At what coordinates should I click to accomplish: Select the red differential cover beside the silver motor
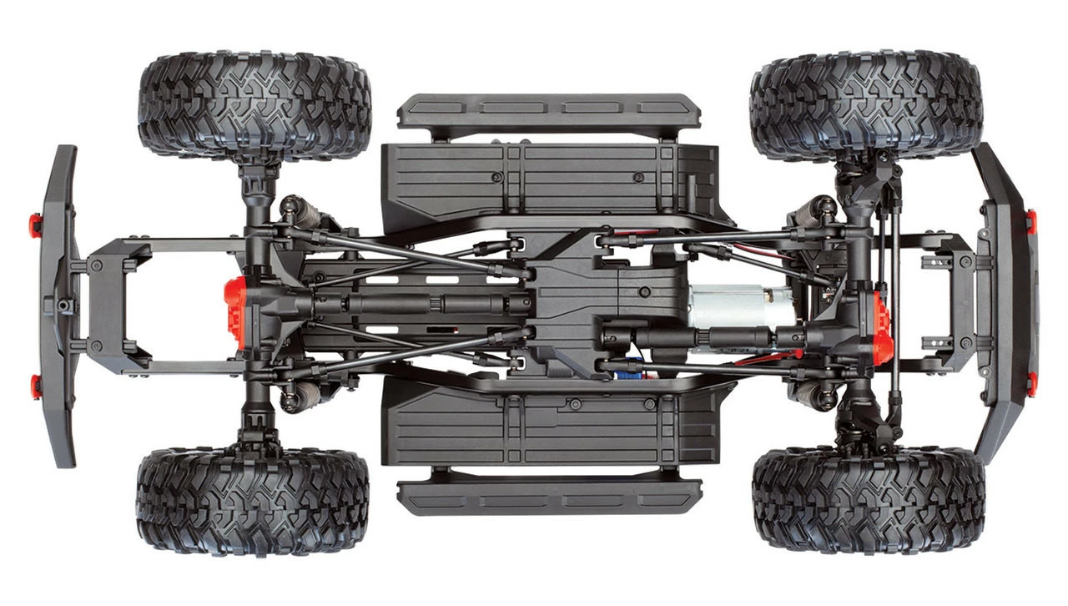(x=881, y=327)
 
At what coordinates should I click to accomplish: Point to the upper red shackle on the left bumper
(x=35, y=225)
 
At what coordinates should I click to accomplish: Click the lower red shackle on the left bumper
(x=35, y=385)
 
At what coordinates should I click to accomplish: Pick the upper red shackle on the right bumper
(x=1031, y=221)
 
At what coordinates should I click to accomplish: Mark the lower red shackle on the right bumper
(x=1031, y=383)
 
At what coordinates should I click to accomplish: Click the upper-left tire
(x=254, y=106)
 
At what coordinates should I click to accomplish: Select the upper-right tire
(x=866, y=104)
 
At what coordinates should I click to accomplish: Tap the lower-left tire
(x=253, y=502)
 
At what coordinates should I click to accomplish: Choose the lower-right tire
(x=868, y=501)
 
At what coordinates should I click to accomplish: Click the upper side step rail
(x=548, y=112)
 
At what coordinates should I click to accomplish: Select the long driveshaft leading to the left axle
(x=417, y=302)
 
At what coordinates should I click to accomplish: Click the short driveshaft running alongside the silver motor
(x=701, y=339)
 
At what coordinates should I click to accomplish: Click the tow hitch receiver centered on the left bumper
(x=63, y=305)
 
